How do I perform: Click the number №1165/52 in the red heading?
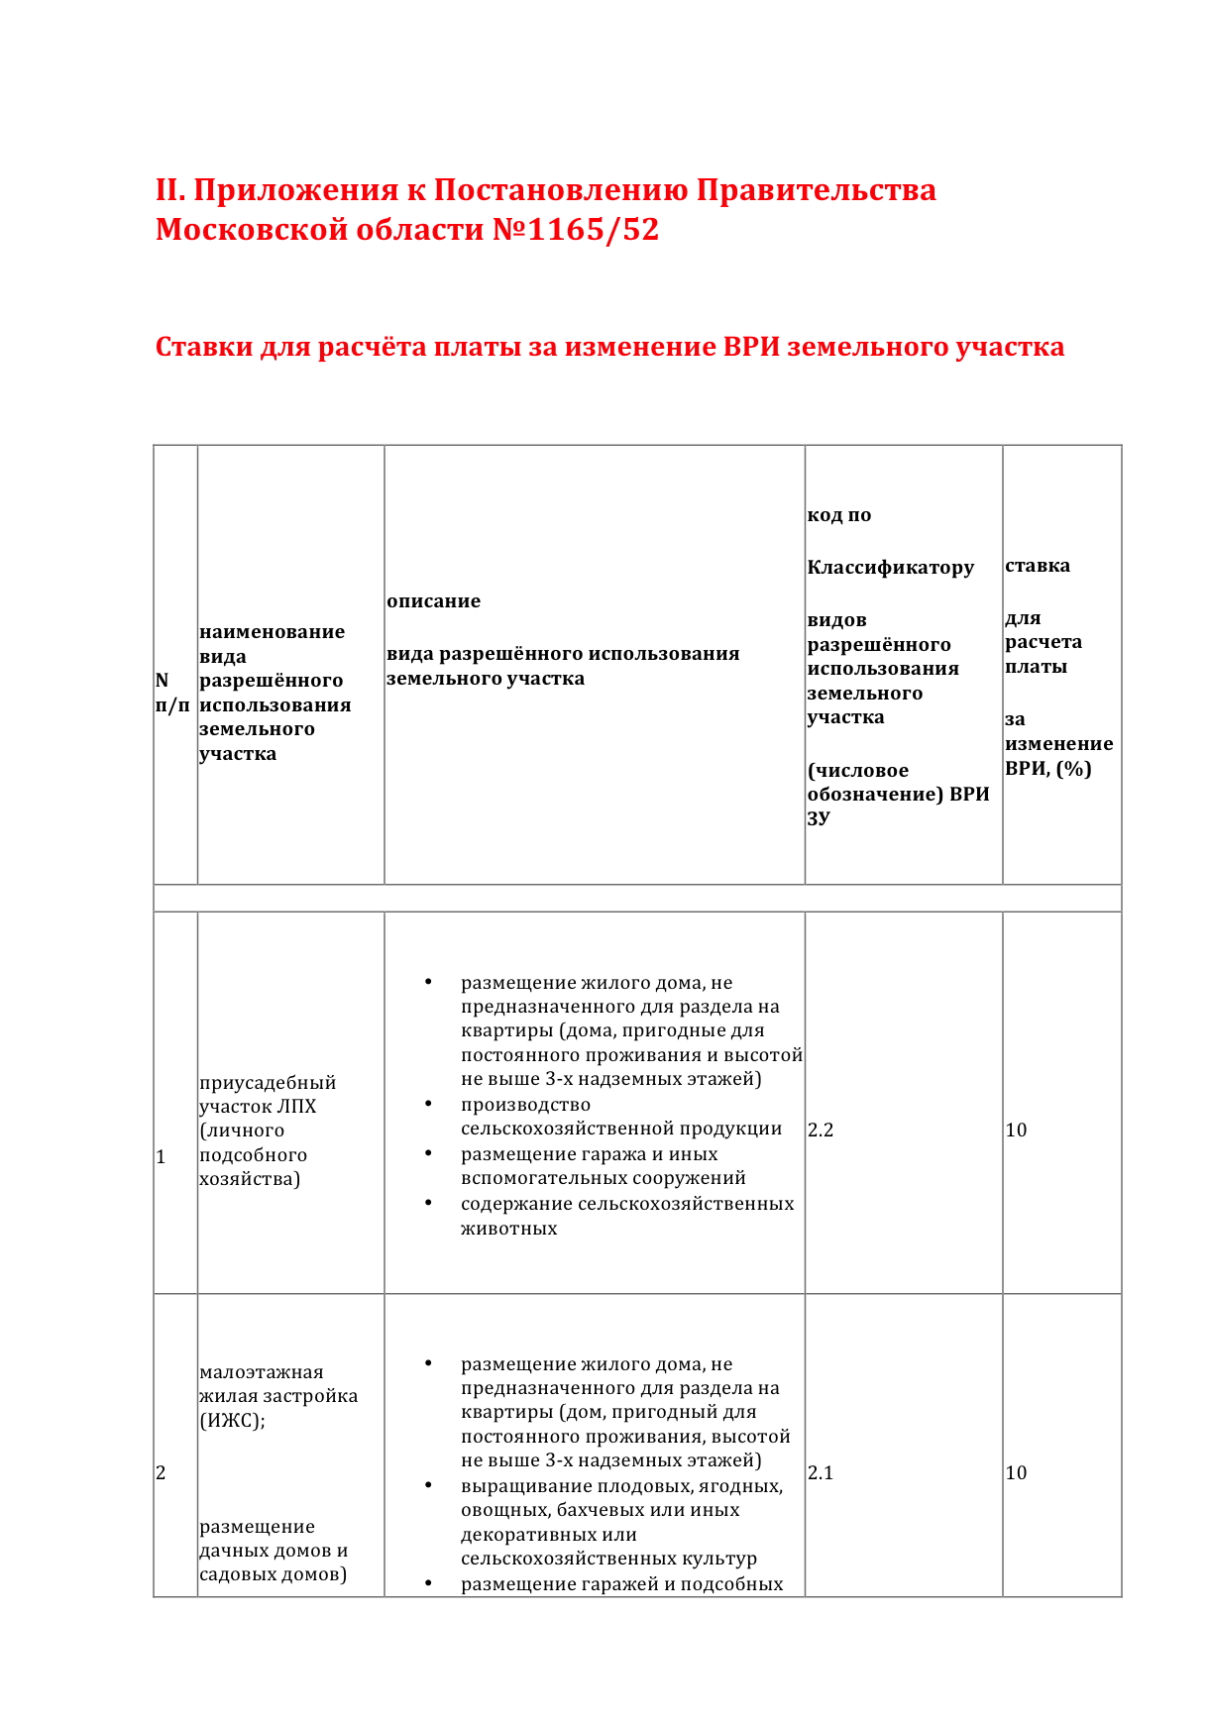(576, 230)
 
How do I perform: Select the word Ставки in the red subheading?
(203, 347)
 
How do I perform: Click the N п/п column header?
(171, 693)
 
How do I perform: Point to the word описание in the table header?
(433, 600)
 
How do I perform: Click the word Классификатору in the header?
(890, 567)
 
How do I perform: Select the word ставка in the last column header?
(1037, 566)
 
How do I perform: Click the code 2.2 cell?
(821, 1130)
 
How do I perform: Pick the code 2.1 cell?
(821, 1472)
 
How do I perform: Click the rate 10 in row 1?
(1016, 1130)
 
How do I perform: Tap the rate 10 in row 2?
(1016, 1472)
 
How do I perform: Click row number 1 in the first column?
(161, 1156)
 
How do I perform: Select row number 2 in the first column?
(161, 1472)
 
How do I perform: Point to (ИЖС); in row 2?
(232, 1420)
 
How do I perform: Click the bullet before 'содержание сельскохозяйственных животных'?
(428, 1203)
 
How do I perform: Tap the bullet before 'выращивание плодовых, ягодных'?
(428, 1485)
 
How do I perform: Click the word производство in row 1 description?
(525, 1105)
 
